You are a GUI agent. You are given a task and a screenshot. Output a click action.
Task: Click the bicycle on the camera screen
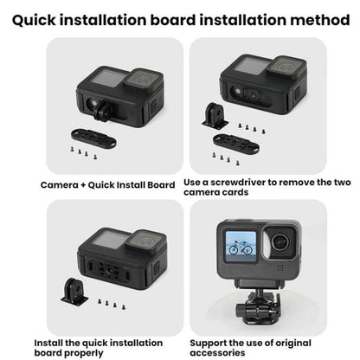(235, 245)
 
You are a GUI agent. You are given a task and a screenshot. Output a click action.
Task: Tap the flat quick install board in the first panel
(95, 138)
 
